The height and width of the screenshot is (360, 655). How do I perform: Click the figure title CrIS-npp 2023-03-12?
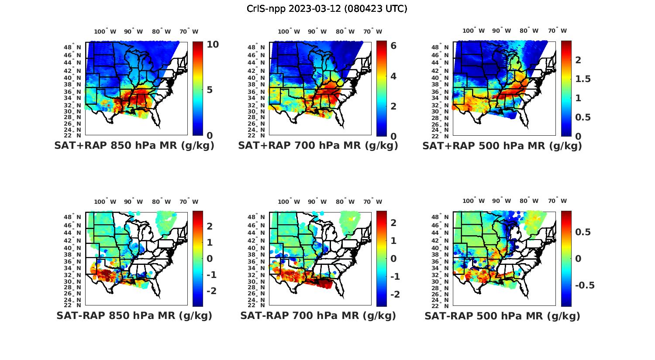327,8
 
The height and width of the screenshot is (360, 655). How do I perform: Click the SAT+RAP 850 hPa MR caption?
134,146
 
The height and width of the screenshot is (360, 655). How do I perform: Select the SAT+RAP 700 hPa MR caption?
318,146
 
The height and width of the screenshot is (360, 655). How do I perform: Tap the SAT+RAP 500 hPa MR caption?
502,146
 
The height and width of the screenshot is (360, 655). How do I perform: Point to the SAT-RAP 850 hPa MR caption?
134,315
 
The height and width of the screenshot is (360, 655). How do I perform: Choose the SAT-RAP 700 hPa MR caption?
318,315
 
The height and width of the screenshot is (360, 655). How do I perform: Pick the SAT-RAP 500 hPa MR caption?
502,315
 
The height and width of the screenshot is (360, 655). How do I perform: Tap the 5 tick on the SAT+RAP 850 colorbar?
210,90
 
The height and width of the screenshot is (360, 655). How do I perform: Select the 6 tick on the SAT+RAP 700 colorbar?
393,45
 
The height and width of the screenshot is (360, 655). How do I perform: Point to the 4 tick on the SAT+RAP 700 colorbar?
393,76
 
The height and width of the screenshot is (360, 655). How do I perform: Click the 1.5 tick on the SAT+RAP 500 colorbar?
583,79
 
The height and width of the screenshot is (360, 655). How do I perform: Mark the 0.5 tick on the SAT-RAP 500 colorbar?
583,232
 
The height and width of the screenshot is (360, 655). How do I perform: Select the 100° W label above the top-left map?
105,31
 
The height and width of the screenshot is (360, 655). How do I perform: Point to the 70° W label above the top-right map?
557,31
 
